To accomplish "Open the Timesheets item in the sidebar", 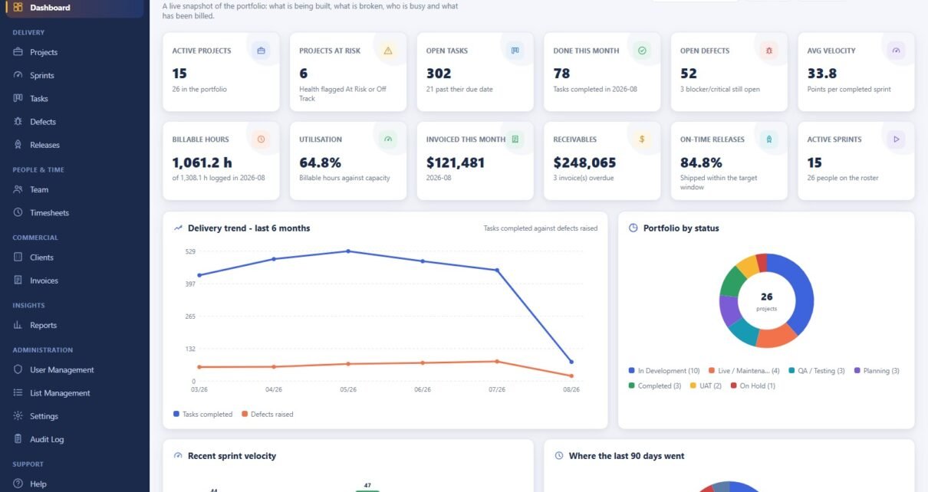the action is pos(49,212).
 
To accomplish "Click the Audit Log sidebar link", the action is pos(46,439).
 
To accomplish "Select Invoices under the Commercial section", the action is pos(44,280).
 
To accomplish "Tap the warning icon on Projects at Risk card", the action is pos(388,51).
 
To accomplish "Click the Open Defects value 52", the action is pos(689,74).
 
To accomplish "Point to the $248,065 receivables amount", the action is pos(584,162).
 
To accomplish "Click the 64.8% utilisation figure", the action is pos(320,162).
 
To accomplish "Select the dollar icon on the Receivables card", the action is pos(642,139).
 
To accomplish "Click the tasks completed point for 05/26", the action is pos(348,251).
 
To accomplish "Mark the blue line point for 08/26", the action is pos(571,362).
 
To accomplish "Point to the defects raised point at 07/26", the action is pos(497,362).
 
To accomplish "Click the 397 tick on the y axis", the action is pos(190,284).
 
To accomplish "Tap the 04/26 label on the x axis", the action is pos(274,390).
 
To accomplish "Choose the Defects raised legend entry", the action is pos(267,414).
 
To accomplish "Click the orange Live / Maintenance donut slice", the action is pos(775,336).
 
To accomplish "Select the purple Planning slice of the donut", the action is pos(729,310).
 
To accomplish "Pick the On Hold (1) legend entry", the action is pos(753,385).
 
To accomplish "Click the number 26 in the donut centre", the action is pos(766,297).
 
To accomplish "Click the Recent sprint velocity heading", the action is pos(232,455).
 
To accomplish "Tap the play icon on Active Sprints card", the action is pos(896,139).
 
